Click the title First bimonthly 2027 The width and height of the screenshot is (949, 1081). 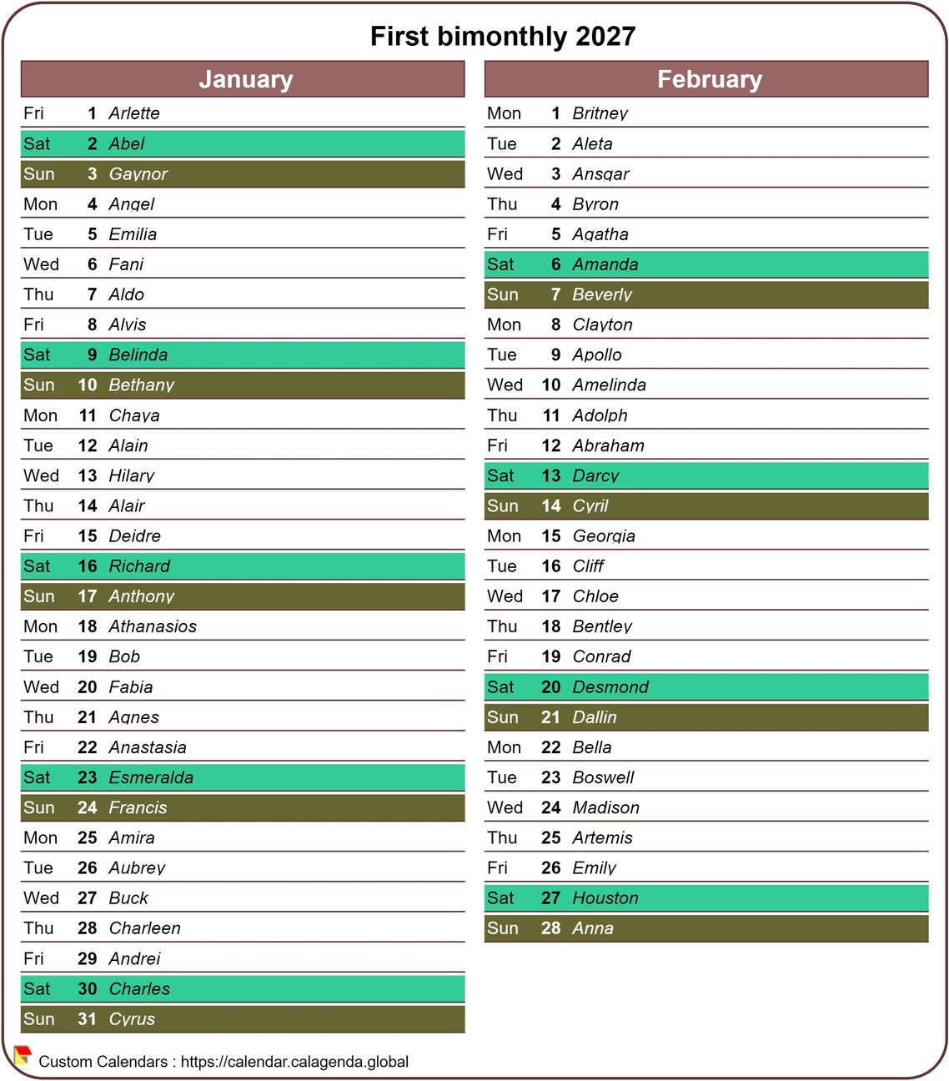503,37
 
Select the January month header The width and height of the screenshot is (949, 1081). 245,79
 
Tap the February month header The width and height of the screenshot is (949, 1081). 709,79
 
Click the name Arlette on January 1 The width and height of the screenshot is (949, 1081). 134,113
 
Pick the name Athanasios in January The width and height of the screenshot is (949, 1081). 153,626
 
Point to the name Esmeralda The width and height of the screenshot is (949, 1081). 151,777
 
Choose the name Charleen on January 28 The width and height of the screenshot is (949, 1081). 145,928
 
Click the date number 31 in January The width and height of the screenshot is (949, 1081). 88,1019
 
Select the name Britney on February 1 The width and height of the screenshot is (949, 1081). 600,113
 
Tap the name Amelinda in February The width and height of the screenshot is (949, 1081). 609,385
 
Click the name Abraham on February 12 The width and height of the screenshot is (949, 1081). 608,445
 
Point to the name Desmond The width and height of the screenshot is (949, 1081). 610,687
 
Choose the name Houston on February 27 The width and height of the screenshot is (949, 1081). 605,898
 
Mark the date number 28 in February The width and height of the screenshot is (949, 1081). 550,928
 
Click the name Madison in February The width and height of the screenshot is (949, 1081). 605,807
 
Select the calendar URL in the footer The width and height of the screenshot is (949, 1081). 294,1062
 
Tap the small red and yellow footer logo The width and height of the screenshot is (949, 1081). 23,1056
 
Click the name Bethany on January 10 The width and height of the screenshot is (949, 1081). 142,385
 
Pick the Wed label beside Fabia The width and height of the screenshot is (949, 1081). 41,687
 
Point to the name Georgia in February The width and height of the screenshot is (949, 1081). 604,536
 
